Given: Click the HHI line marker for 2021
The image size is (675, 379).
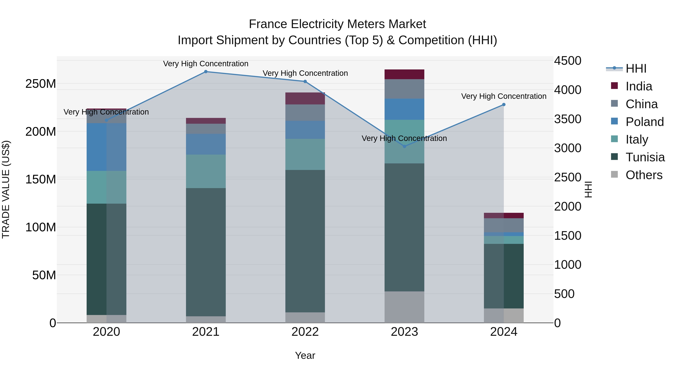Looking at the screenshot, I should (x=206, y=72).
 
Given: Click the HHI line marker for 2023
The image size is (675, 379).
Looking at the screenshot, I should (x=404, y=147).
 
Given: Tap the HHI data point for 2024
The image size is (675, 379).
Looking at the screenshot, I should (x=504, y=105).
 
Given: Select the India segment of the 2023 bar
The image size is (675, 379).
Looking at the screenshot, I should (x=404, y=74).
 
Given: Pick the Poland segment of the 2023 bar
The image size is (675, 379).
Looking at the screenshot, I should (x=404, y=109).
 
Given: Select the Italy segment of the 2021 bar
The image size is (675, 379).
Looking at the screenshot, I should (x=206, y=171).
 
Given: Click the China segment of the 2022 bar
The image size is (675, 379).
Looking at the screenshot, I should (x=305, y=112).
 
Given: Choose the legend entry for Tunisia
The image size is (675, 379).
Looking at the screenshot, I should (x=645, y=157).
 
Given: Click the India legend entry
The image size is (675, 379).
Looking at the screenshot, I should (x=639, y=86).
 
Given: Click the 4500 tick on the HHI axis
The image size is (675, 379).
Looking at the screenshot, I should (x=568, y=61).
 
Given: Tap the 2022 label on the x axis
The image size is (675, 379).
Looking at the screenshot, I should (x=305, y=332).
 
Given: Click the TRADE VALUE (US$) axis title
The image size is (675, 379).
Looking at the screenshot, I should (x=6, y=189).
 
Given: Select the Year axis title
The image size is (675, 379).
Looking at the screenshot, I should (x=305, y=355).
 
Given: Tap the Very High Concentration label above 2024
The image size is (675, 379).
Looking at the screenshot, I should (x=504, y=96).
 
